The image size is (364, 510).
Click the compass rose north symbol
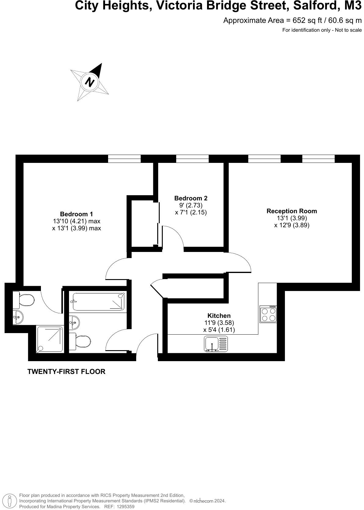(90, 82)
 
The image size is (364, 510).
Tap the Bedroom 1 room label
(76, 214)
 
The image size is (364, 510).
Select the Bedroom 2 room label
(191, 198)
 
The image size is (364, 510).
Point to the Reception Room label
(292, 211)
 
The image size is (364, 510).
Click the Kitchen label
(219, 316)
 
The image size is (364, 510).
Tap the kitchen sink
(216, 344)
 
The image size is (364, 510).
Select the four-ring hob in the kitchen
(268, 314)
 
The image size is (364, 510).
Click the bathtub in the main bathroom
(97, 302)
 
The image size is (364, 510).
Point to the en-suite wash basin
(18, 318)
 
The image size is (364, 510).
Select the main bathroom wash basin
(74, 322)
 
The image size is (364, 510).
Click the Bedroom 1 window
(124, 159)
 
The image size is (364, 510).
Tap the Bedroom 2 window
(192, 159)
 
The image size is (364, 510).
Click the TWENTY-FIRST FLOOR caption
(66, 372)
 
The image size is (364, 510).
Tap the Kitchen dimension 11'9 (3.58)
(219, 323)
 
